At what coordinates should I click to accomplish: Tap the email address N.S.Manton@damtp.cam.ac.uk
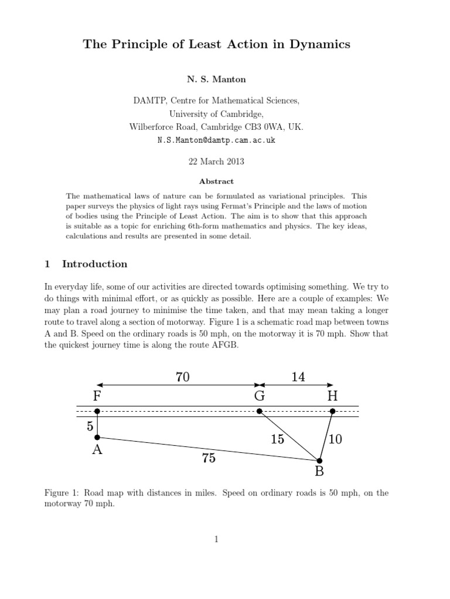216,141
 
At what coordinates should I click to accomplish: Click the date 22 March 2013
216,161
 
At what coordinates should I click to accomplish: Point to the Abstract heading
216,181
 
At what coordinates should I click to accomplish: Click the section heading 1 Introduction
86,264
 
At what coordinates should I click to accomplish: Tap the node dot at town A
97,437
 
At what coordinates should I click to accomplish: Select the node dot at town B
319,461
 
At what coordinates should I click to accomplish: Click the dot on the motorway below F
97,411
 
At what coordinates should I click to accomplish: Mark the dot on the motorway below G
260,411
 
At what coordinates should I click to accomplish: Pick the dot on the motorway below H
332,411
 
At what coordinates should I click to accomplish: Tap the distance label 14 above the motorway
298,377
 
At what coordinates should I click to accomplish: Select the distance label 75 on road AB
209,459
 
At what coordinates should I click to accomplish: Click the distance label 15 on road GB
278,439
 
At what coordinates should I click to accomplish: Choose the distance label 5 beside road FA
90,426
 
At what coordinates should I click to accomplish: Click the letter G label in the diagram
260,396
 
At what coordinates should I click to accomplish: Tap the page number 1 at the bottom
216,539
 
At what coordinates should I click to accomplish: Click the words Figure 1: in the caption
61,493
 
